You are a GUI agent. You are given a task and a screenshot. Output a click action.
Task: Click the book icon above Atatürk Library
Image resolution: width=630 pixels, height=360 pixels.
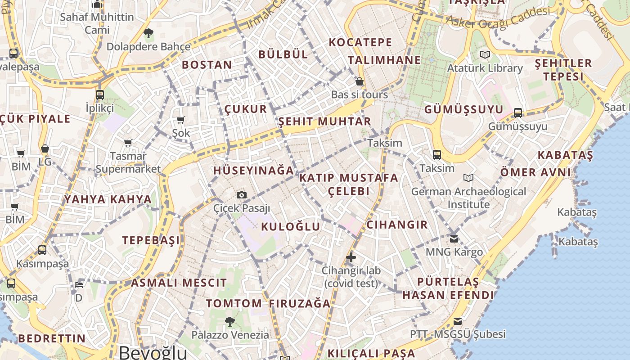[x=485, y=55]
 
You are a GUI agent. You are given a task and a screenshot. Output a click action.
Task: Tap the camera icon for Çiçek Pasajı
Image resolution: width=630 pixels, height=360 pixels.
[x=242, y=195]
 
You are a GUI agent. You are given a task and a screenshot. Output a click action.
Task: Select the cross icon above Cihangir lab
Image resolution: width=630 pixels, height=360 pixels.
[x=351, y=257]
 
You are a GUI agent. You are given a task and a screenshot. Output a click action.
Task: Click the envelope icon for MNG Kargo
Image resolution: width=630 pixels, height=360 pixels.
[x=454, y=238]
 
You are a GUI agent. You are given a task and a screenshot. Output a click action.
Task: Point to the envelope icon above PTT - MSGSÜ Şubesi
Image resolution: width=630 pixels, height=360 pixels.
[x=458, y=321]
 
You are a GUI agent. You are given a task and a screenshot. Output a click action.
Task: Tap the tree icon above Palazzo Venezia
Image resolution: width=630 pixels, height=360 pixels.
[x=230, y=321]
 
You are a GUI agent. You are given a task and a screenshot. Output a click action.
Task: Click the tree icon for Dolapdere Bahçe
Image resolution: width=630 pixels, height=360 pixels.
[x=148, y=33]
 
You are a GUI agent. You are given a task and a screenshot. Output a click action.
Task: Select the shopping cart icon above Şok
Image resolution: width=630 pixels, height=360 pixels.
[x=180, y=120]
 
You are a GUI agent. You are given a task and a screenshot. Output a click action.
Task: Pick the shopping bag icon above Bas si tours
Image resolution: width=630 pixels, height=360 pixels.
[x=359, y=81]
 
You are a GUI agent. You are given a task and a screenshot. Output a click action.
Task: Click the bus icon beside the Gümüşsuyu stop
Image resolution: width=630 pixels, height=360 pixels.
[x=518, y=112]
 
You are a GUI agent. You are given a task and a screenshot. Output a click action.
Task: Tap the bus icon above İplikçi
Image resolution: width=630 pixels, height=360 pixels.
[x=100, y=94]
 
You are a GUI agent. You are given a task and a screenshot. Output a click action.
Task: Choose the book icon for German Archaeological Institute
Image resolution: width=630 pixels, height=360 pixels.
[x=468, y=178]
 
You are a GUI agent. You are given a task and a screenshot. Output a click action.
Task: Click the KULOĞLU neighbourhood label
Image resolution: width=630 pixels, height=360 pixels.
[x=291, y=226]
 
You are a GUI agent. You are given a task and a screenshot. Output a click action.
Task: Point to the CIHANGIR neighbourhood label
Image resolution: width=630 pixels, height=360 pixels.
[x=397, y=225]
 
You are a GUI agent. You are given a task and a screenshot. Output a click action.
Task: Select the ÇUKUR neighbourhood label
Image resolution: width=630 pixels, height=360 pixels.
[x=246, y=109]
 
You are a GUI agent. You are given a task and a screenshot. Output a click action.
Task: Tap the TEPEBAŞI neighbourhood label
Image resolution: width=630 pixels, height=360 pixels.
[x=151, y=240]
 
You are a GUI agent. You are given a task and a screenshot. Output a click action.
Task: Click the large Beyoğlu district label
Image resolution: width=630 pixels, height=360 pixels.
[x=153, y=352]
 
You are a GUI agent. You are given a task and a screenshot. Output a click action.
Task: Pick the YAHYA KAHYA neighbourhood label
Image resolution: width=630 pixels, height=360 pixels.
[x=108, y=199]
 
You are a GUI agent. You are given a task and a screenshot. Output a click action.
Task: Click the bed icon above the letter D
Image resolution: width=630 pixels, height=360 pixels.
[x=79, y=284]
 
